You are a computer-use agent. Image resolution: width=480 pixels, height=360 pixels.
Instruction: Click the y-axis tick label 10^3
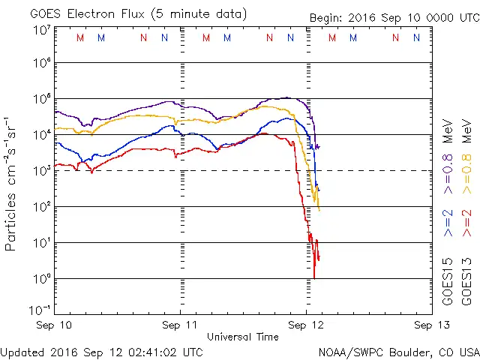coord(41,170)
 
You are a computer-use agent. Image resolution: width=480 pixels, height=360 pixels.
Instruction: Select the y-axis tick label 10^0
coord(41,278)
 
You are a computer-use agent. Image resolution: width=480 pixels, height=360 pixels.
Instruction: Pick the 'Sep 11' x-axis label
coord(181,325)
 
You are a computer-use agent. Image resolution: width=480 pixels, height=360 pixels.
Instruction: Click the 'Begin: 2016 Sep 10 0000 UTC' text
coord(394,17)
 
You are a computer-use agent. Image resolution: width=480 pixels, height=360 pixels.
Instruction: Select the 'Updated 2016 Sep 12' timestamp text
coord(101,351)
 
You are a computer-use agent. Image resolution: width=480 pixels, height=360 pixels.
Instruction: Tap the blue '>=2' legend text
coord(448,223)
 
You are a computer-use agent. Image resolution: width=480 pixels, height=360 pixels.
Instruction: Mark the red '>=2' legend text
coord(466,223)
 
